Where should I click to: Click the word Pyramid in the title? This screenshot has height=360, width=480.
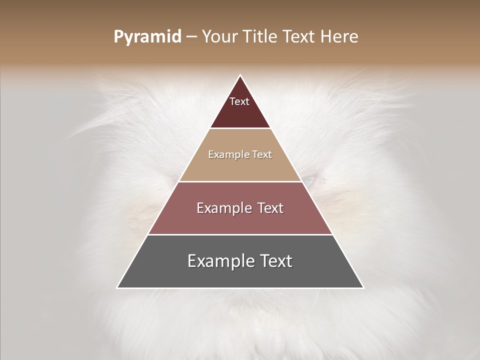click(147, 37)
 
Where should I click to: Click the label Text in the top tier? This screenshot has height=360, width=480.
click(239, 101)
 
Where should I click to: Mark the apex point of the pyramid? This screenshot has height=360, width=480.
click(240, 75)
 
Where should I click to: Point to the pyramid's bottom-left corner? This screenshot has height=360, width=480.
click(117, 287)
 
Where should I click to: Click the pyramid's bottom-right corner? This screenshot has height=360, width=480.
click(363, 287)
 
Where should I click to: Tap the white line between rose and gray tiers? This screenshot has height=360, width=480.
click(240, 234)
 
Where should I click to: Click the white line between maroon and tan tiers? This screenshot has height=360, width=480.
click(240, 128)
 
